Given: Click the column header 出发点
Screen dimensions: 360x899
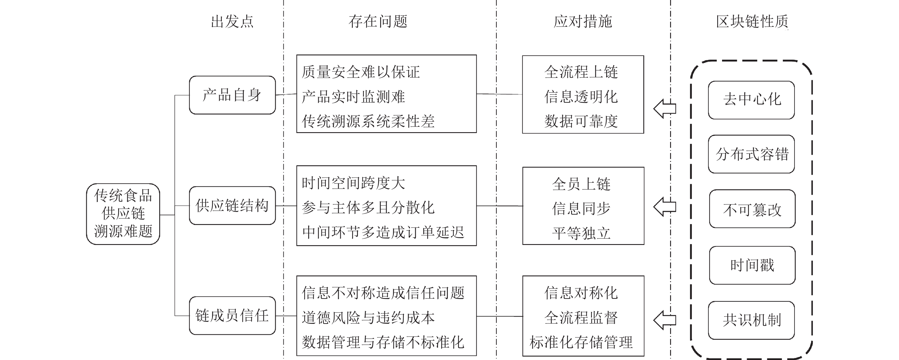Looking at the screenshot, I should [232, 22].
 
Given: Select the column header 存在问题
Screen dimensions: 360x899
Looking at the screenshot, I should [378, 22].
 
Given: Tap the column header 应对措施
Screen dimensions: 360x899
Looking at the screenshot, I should [582, 22].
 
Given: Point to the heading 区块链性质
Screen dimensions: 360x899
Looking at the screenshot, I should [752, 22].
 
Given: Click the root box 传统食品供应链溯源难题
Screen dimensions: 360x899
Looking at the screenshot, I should [123, 214].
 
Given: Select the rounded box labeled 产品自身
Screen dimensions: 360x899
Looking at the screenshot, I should [232, 95].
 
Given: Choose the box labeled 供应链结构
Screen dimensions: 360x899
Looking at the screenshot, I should [232, 206].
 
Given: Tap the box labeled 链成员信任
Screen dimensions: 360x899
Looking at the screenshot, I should [232, 316].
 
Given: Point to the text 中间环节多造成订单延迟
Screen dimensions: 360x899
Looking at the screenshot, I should [383, 232].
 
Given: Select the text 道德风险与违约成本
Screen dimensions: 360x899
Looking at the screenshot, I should [368, 318].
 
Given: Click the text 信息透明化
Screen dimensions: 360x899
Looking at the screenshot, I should [581, 97].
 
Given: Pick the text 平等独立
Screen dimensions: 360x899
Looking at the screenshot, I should [581, 233].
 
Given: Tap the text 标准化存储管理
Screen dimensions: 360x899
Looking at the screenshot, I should [581, 342].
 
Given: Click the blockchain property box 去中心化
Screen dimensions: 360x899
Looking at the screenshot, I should [751, 100].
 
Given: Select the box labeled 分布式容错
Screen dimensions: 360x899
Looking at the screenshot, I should [751, 154].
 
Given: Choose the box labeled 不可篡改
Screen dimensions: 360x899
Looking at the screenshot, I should [752, 209].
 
